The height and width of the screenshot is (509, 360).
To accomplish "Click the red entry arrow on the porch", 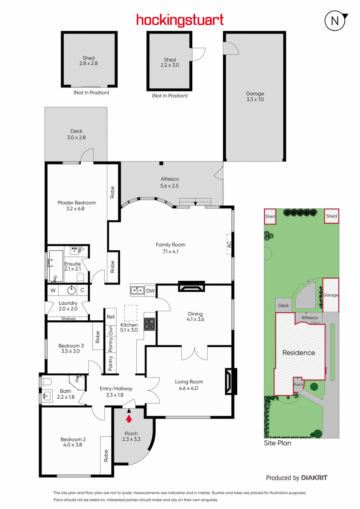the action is pos(129,418).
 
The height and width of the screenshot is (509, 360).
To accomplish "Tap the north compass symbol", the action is pos(335,21).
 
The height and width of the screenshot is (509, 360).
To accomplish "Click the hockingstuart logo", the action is pos(180,20).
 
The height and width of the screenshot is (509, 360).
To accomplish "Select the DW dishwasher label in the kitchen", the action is pos(150,291).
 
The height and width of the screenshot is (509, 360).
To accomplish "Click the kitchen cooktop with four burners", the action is pos(149,324).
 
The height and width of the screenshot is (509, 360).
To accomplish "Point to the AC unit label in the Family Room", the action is pos(229,244).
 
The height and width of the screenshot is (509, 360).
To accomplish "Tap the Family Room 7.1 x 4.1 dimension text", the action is pos(170,251).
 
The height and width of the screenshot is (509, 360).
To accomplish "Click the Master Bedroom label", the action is pos(77,202).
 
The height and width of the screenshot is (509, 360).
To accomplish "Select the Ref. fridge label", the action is pos(111,316).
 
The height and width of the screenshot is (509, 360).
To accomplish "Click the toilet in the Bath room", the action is pos(46,382).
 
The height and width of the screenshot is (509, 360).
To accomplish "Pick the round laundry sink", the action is pos(72,290).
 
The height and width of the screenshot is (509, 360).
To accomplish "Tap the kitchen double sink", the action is pos(138,290).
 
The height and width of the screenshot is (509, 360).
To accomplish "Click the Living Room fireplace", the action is pos(231,381).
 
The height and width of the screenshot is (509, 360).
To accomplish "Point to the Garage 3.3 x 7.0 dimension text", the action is pos(255,99).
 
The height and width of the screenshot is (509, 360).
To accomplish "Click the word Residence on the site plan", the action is pos(298,352).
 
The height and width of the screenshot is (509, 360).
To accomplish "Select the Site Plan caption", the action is pos(278,443).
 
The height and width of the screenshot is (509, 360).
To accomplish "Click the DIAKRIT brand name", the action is pos(314,478).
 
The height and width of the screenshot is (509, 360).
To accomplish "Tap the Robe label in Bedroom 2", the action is pos(106,456).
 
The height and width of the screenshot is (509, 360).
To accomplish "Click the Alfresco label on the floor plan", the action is pos(170,179).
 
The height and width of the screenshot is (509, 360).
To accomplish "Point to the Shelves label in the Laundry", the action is pos(68,319).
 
